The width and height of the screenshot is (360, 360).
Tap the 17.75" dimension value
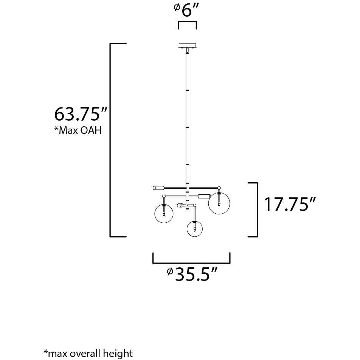point(290,205)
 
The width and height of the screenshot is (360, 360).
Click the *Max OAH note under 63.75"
point(78,131)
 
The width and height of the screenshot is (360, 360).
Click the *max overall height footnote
point(88,354)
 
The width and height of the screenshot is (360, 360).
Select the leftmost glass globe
point(164,213)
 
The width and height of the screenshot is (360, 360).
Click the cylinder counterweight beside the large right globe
point(204,196)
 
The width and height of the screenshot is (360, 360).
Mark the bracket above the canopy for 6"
point(187,23)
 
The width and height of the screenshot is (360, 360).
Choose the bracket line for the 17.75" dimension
point(257,210)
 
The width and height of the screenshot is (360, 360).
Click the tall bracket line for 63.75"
point(110,140)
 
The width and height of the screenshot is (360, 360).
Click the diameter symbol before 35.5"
point(170,271)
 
